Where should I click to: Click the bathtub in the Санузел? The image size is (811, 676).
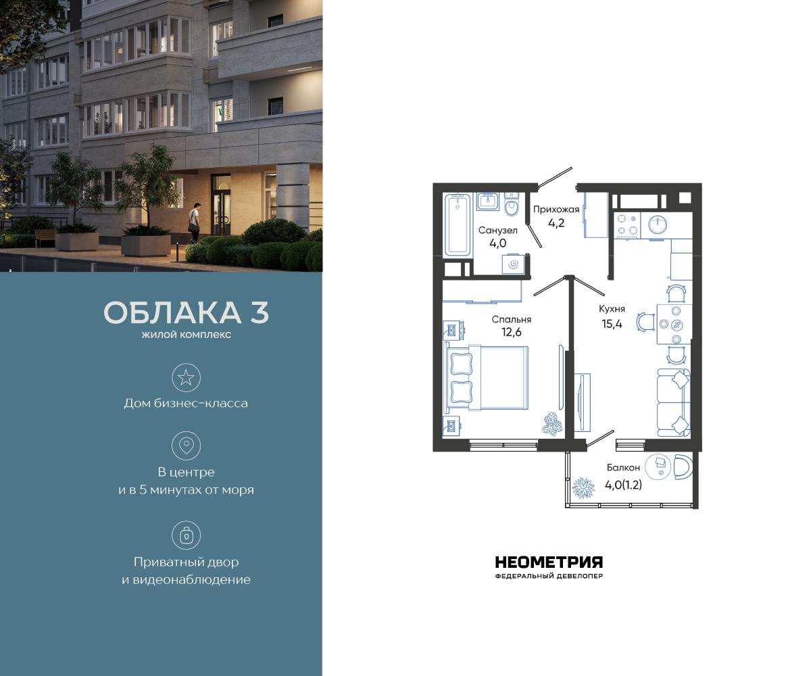click(x=458, y=224)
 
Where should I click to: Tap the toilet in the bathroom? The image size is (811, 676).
click(x=512, y=206)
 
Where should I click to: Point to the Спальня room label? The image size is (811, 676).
click(x=512, y=319)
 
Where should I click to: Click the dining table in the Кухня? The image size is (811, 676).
click(x=672, y=322)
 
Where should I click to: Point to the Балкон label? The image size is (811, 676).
click(x=622, y=467)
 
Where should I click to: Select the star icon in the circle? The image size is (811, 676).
click(x=186, y=377)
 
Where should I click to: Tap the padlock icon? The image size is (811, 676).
click(x=186, y=535)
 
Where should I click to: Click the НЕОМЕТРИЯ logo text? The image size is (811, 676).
click(x=549, y=562)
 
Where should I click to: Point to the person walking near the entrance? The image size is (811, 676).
click(x=195, y=221)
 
